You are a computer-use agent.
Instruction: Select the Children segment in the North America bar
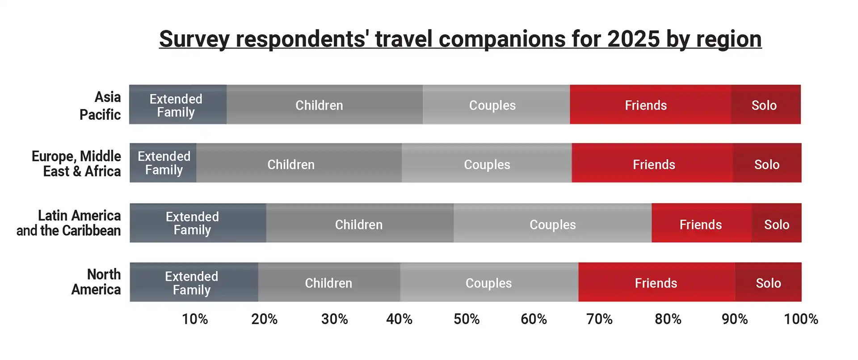[x=329, y=283]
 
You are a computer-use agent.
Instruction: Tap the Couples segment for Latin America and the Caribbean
[x=552, y=224]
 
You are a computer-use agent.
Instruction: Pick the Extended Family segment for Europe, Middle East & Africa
[x=163, y=163]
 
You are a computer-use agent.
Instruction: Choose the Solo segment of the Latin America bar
[x=777, y=224]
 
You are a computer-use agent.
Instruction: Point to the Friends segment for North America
[x=656, y=283]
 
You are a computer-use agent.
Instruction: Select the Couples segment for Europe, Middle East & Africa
[x=487, y=164]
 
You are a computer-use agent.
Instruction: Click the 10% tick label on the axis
[x=195, y=319]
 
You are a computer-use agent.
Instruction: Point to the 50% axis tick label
[x=467, y=319]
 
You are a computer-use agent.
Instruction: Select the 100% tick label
[x=801, y=319]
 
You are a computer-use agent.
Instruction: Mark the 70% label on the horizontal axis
[x=599, y=319]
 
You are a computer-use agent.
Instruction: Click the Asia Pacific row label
[x=101, y=106]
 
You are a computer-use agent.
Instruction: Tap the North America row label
[x=97, y=282]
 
